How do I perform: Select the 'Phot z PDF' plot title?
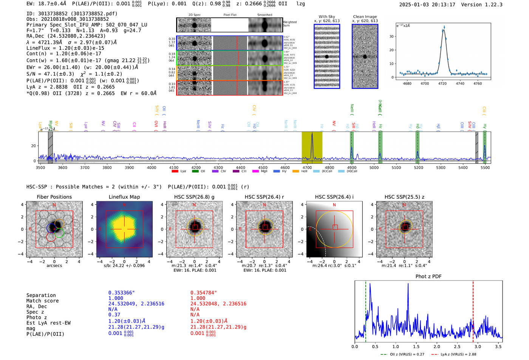[428, 277]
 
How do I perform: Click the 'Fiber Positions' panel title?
[54, 197]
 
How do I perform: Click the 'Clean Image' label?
[365, 17]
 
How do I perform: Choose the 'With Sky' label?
[326, 17]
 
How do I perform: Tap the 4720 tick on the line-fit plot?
[442, 83]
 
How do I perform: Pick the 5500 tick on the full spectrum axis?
[485, 168]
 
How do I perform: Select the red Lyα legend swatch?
[175, 171]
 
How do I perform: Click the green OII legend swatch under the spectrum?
[195, 171]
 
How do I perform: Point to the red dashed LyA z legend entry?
[453, 354]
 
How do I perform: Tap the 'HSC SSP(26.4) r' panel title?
[264, 197]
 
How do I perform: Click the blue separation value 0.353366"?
[121, 293]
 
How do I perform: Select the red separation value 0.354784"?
[204, 293]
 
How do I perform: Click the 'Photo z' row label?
[36, 317]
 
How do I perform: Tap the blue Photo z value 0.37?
[114, 315]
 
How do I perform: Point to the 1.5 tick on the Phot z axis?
[416, 346]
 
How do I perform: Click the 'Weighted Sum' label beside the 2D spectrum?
[289, 24]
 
